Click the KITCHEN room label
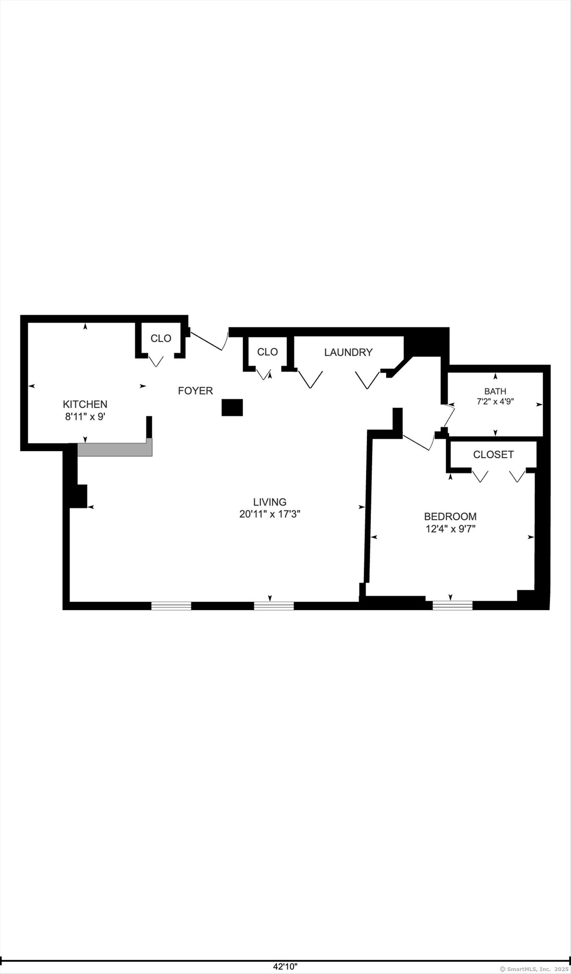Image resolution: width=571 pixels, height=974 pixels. (x=85, y=404)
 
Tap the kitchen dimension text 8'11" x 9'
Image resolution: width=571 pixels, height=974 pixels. (x=85, y=416)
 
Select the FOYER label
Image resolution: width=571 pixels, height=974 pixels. (x=195, y=391)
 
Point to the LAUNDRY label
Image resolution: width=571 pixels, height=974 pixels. (x=348, y=352)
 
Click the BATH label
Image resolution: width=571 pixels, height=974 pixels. (x=495, y=391)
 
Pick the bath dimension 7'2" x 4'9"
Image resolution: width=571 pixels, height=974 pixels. (x=495, y=402)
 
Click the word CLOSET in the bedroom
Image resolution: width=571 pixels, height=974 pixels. (x=493, y=454)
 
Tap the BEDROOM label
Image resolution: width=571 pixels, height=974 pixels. (x=450, y=516)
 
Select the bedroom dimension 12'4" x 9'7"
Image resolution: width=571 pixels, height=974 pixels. (x=450, y=528)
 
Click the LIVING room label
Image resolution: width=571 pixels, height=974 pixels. (x=269, y=502)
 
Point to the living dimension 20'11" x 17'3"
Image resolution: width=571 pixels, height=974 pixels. (x=269, y=514)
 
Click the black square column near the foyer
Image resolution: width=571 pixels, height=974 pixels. (x=232, y=407)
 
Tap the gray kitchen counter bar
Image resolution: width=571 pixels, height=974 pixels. (x=115, y=449)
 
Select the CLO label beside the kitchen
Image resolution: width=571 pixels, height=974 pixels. (x=161, y=338)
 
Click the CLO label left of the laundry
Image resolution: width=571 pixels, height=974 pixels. (x=267, y=352)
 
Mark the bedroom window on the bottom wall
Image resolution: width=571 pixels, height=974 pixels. (x=452, y=605)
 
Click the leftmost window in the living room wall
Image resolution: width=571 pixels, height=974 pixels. (x=171, y=606)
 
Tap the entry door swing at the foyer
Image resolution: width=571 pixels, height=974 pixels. (x=209, y=341)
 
